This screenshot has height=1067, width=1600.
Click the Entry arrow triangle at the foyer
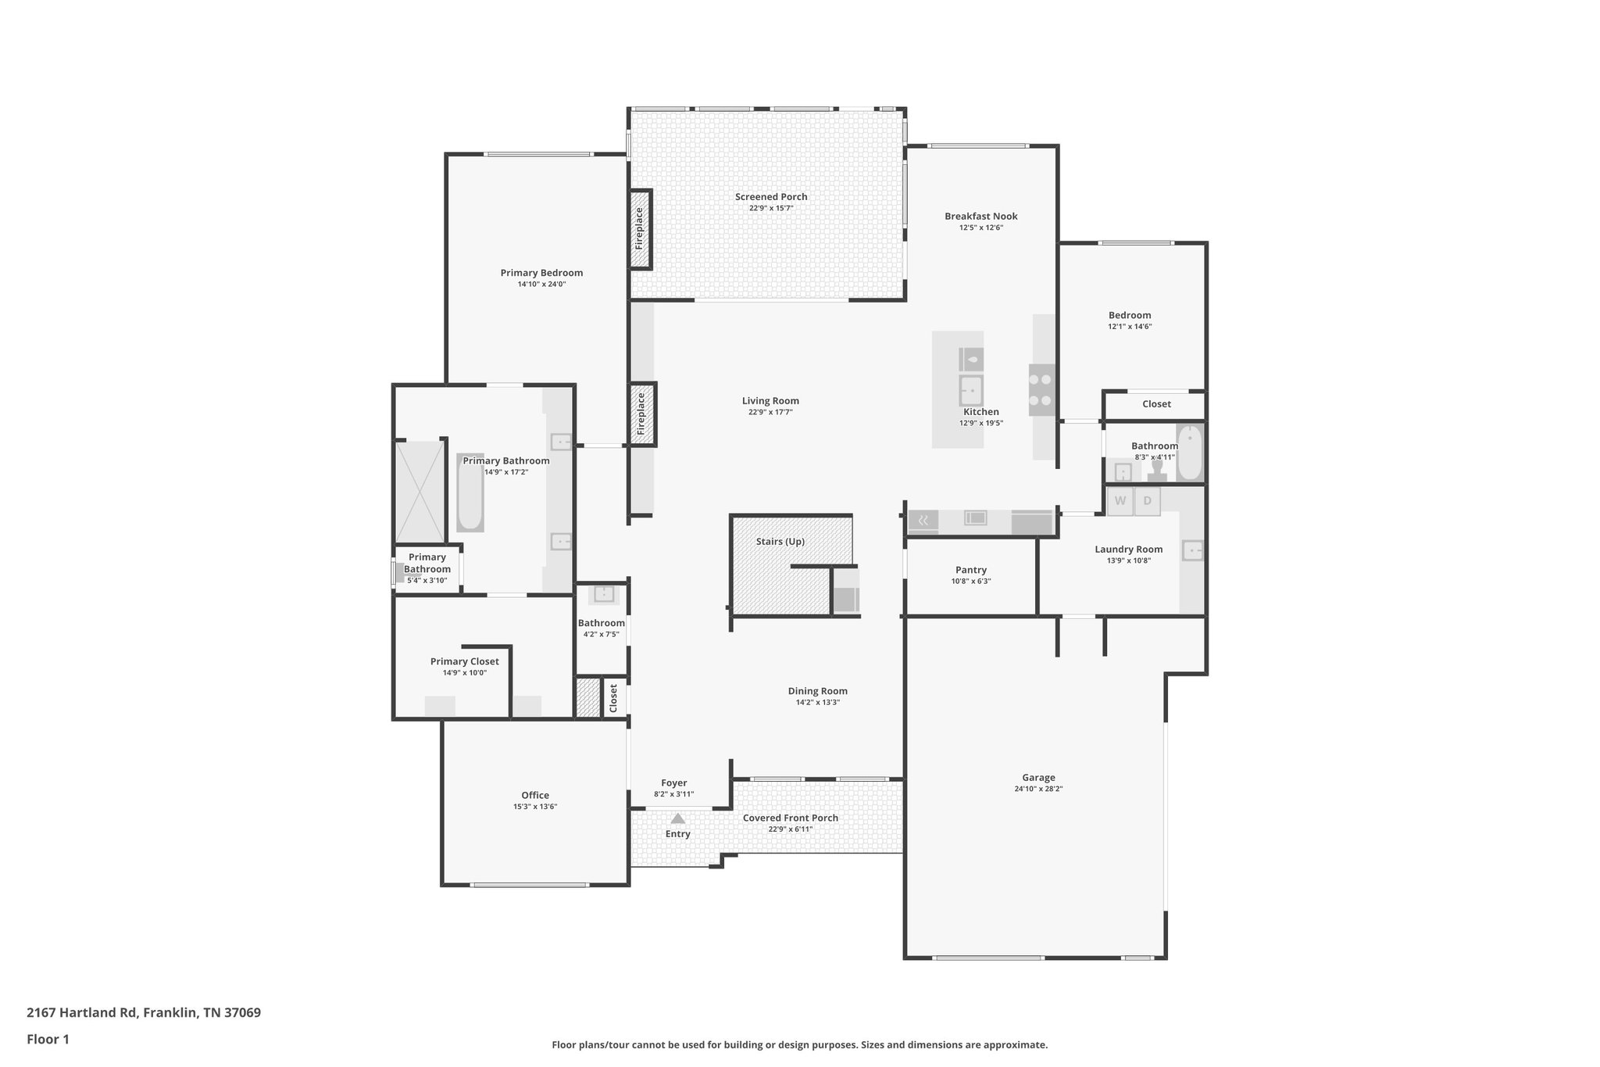tap(678, 818)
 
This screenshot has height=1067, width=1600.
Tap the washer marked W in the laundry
tap(1120, 501)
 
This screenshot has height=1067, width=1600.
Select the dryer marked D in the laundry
tap(1148, 501)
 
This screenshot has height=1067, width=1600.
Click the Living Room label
tap(770, 401)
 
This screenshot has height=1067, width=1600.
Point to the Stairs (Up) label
tap(780, 542)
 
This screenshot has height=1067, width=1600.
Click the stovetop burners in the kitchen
tap(1041, 390)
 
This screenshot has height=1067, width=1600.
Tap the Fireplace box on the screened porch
tap(640, 229)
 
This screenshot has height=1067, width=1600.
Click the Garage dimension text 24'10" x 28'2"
tap(1038, 789)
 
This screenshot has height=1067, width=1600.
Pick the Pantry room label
tap(971, 570)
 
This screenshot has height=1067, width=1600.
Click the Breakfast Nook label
tap(980, 217)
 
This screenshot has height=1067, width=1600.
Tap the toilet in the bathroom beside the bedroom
tap(1157, 471)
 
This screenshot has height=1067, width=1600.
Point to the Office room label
tap(535, 795)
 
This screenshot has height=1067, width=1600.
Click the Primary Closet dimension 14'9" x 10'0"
tap(464, 672)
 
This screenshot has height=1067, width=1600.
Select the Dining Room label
tap(817, 691)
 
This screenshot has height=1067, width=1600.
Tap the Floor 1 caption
tap(48, 1039)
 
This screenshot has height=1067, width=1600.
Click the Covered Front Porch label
tap(790, 818)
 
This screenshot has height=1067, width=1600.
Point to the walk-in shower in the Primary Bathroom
tap(420, 492)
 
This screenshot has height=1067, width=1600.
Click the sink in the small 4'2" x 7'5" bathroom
tap(603, 594)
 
